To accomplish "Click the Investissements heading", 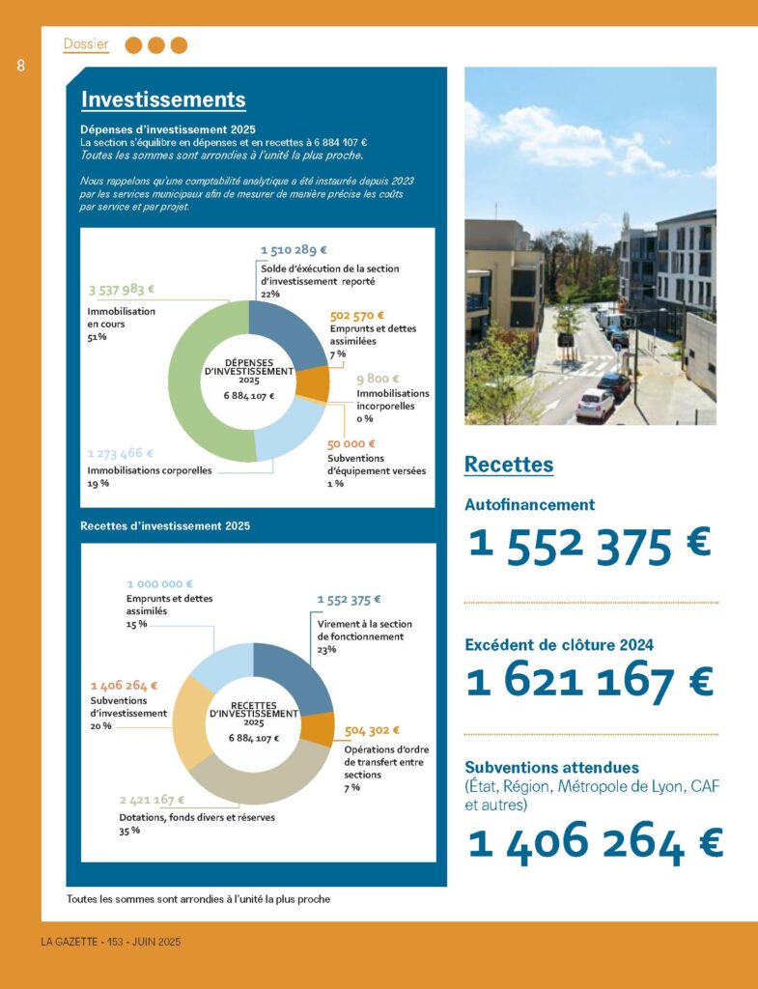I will click(x=163, y=99).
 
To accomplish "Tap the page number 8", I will click(x=20, y=66).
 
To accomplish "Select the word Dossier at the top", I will click(x=86, y=43).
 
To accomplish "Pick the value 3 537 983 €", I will click(x=122, y=289).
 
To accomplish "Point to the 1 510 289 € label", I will click(x=295, y=250).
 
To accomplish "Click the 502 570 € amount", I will click(x=356, y=315).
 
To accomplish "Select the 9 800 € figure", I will click(x=378, y=380).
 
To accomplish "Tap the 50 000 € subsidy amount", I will click(x=351, y=444).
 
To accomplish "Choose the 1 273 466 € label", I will click(x=120, y=453).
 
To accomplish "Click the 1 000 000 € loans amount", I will click(x=159, y=584).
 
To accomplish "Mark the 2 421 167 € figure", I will click(x=152, y=801).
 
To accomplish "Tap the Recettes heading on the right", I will click(x=509, y=465).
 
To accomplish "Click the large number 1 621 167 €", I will click(x=589, y=682).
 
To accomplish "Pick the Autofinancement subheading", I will click(x=529, y=504).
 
